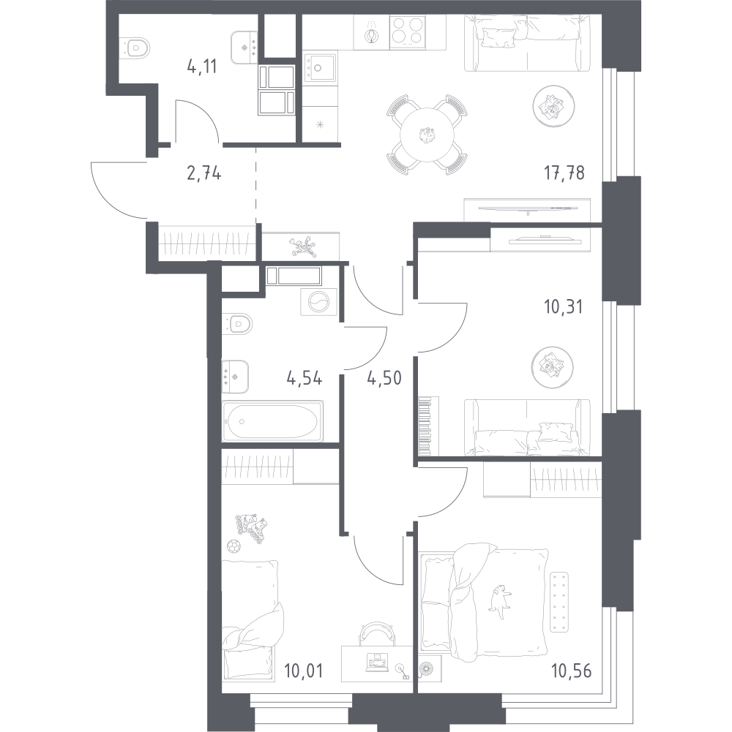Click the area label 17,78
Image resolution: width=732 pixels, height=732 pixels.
coord(564,173)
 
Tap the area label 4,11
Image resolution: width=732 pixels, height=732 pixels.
coord(202,67)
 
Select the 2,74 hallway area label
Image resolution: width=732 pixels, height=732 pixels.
coord(203,173)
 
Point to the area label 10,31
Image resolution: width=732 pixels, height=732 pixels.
coord(563,307)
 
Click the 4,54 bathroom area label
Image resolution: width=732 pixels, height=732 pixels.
coord(305,378)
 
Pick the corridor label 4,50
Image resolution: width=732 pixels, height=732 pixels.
coord(384,378)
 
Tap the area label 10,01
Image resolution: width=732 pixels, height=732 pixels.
coord(303,671)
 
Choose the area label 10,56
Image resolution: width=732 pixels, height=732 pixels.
coord(571,671)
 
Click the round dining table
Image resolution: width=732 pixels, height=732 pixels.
coord(427,135)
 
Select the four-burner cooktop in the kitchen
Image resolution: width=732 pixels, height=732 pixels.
coord(408,31)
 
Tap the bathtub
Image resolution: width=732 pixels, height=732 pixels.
coord(273,421)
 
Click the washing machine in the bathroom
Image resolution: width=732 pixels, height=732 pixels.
coord(319,302)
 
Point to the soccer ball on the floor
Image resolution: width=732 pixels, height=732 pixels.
coord(233,546)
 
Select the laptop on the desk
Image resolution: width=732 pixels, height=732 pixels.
coord(376,664)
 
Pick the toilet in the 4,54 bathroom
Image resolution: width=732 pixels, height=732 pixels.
coord(237,323)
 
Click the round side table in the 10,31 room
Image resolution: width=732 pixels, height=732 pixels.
coord(553,367)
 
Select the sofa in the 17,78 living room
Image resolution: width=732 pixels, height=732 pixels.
coord(527,43)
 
